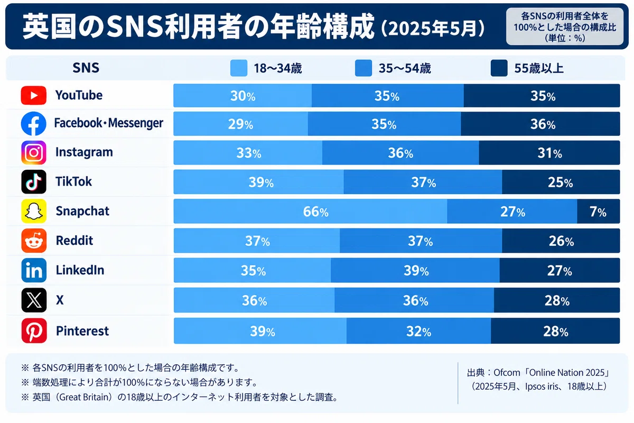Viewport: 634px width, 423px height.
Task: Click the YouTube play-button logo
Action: (34, 95)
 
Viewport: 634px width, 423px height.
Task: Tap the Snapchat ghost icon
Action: (34, 211)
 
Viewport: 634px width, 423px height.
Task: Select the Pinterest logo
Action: (34, 330)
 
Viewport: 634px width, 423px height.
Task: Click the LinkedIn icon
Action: (34, 270)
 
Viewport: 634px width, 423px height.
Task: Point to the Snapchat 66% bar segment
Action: (311, 211)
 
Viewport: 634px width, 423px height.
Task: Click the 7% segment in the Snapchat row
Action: (598, 211)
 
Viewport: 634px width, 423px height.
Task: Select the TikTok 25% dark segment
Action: (561, 182)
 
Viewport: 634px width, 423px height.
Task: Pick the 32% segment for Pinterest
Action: (418, 331)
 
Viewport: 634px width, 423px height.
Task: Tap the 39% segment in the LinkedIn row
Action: (415, 270)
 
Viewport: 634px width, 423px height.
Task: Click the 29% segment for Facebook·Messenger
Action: (241, 124)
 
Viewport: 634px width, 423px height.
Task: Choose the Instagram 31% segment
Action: (549, 153)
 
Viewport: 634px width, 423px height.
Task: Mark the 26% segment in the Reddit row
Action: (561, 241)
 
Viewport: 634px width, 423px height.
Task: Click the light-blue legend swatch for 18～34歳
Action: (239, 68)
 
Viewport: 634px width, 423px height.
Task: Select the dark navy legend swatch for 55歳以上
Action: (499, 68)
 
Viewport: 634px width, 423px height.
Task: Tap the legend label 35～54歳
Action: (405, 68)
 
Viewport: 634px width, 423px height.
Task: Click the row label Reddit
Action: (74, 241)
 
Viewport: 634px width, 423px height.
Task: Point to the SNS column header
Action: (86, 68)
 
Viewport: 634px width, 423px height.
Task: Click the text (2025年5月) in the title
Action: (433, 28)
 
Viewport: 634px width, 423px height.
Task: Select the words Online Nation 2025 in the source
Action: (566, 372)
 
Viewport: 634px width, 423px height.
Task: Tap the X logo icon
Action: (34, 300)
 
